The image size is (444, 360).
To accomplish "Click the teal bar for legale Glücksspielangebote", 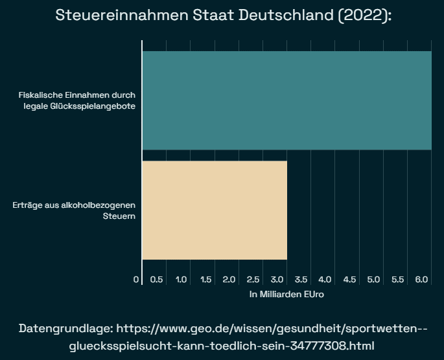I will point(286,100).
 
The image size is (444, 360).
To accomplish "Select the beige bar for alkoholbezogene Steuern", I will point(215,210).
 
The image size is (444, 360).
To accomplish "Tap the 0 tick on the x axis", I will point(136,279).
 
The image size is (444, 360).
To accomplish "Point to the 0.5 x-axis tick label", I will point(157,279).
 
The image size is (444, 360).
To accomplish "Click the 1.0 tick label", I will point(181,279).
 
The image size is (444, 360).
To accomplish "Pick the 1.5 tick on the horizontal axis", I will point(205,279).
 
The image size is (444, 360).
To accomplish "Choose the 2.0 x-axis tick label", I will point(229,279).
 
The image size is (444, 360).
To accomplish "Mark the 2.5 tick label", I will point(253,279).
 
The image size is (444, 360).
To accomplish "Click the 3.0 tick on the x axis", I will point(277,279).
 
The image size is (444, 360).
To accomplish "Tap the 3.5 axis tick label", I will point(301,279).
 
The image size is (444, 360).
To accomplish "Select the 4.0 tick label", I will point(325,279).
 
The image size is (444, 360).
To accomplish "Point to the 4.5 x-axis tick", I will point(349,279).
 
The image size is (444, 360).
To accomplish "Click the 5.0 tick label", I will point(373,279).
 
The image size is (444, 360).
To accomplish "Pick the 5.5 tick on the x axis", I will point(397,279).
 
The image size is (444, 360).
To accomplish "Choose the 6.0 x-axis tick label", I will point(421,279).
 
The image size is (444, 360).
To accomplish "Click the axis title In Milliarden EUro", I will point(286,294).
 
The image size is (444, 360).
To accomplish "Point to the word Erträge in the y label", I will point(27,205).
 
